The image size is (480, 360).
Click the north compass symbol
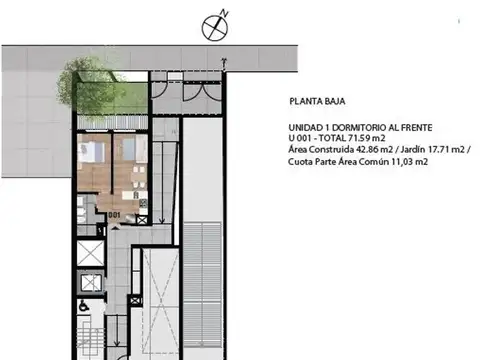tap(215, 28)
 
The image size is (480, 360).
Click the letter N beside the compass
tap(225, 14)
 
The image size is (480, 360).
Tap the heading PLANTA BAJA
tap(317, 101)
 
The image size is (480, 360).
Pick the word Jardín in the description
tap(413, 149)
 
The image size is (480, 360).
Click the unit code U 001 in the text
tap(300, 138)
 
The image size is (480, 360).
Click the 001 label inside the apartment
tap(114, 215)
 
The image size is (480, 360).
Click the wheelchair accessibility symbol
tap(82, 306)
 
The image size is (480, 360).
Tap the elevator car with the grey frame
tap(91, 283)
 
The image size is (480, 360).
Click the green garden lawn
tap(112, 98)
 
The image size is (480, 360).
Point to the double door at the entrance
tap(202, 91)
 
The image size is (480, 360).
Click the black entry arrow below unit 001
tap(115, 227)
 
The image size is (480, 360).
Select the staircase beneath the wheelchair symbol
tap(90, 337)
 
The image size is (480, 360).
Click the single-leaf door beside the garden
tap(159, 90)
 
